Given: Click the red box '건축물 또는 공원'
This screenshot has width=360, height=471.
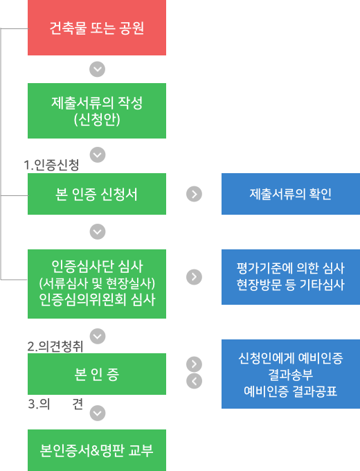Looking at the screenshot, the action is click(x=97, y=28).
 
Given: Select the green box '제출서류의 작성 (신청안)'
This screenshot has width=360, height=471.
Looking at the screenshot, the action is click(x=97, y=111).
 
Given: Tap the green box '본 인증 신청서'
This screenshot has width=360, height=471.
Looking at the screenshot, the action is click(x=97, y=194).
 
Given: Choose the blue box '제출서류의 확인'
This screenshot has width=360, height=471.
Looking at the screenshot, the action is click(x=291, y=194).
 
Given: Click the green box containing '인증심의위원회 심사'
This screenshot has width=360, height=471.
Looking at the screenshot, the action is click(x=97, y=284).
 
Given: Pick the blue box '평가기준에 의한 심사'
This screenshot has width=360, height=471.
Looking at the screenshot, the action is click(x=291, y=277).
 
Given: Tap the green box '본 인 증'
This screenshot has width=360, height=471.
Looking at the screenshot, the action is click(x=97, y=374).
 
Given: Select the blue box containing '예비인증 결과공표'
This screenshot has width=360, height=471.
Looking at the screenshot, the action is click(x=291, y=374).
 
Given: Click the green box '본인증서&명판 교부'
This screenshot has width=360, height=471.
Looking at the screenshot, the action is click(x=97, y=450).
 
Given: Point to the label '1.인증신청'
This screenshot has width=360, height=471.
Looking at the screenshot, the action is click(x=51, y=165).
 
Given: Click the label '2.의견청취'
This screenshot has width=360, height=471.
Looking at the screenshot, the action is click(x=55, y=346).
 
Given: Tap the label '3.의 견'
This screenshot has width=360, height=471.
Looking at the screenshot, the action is click(x=55, y=404).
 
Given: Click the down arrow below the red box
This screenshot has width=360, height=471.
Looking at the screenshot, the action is click(x=98, y=69).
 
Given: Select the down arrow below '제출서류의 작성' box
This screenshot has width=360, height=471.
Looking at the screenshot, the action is click(x=98, y=154).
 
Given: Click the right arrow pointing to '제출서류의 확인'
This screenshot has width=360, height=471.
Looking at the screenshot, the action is click(x=194, y=194).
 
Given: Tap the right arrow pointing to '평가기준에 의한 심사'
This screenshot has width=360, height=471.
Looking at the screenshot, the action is click(x=194, y=277).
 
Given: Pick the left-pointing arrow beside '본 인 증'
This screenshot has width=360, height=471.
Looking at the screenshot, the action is click(x=195, y=381).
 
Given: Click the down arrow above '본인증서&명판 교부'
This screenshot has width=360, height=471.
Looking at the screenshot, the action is click(x=98, y=413).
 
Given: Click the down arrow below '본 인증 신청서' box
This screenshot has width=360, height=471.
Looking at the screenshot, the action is click(x=98, y=231).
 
